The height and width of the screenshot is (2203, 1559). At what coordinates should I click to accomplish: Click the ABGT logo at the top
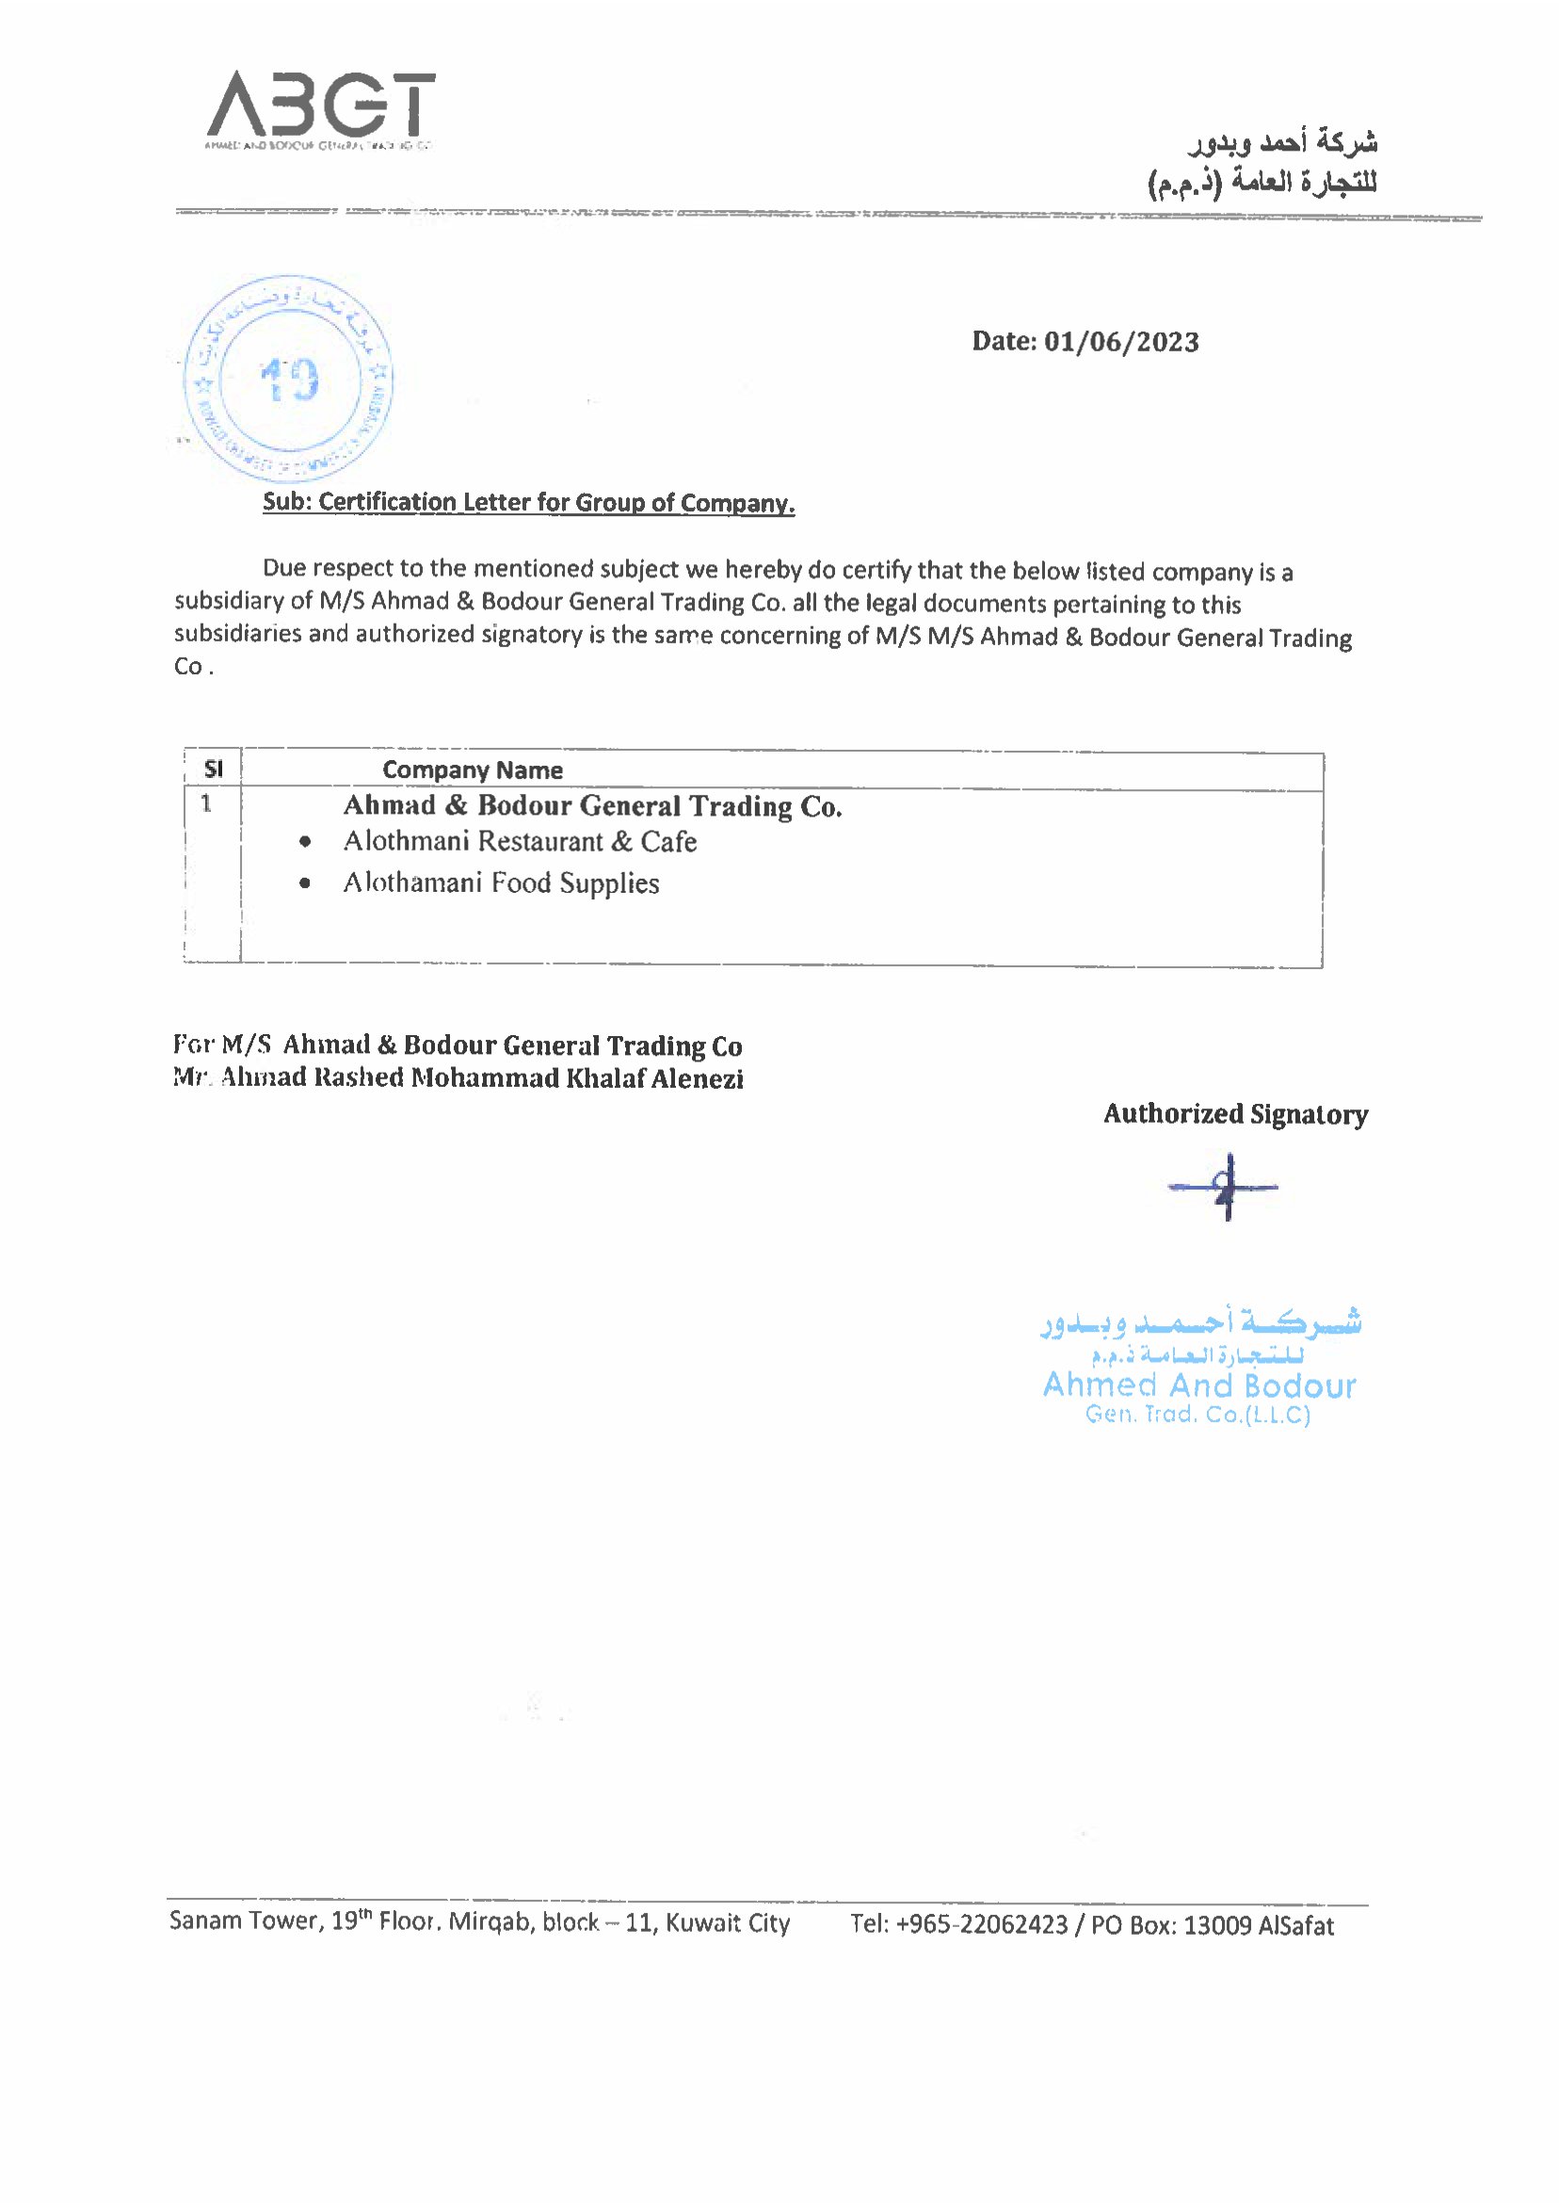click(320, 105)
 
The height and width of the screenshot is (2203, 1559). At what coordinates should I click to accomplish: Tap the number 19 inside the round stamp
click(288, 380)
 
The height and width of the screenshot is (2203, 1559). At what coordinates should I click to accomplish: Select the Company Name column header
click(473, 770)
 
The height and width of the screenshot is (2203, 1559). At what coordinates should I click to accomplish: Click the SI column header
click(213, 769)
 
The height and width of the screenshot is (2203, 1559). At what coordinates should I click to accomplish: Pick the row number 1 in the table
click(206, 803)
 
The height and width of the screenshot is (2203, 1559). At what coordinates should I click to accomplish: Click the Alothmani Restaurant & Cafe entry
click(521, 841)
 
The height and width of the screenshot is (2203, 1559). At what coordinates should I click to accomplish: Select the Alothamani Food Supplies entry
click(501, 883)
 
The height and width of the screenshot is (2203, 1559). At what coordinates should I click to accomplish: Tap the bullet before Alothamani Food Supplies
click(304, 883)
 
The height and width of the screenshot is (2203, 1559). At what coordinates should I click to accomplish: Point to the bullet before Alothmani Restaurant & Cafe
click(304, 842)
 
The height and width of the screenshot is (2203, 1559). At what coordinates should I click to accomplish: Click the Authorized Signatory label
click(1235, 1114)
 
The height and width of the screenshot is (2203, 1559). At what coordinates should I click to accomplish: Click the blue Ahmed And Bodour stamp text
click(1199, 1385)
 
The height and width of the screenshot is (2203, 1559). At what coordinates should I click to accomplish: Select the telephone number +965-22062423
click(981, 1925)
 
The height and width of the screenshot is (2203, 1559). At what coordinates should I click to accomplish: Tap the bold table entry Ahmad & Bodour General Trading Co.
click(592, 805)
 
